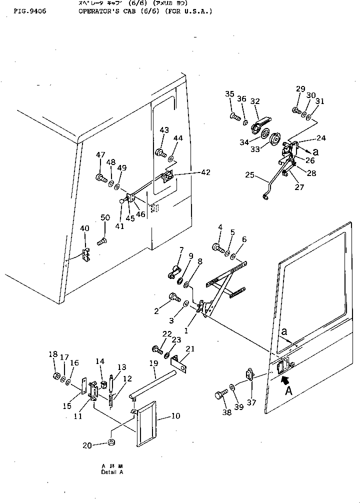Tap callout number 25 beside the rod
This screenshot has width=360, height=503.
[250, 175]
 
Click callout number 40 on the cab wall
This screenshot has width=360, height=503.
[84, 228]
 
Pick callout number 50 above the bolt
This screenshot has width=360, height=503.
[104, 217]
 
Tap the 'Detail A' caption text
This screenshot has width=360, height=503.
[111, 472]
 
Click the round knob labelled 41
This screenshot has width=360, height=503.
[122, 201]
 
